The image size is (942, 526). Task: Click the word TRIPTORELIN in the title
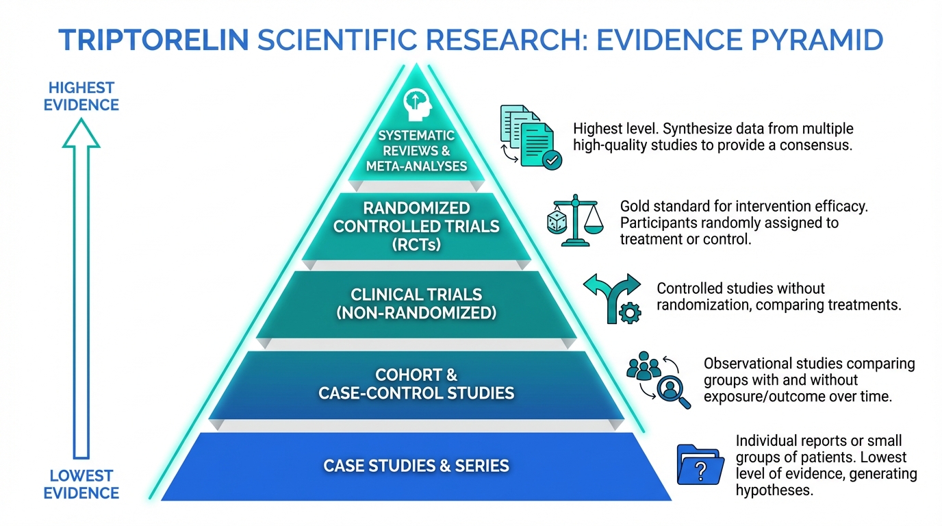[154, 40]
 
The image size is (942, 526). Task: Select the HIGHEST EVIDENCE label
[81, 97]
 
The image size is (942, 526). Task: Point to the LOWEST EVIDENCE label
[81, 484]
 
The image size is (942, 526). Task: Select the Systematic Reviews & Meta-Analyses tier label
[416, 151]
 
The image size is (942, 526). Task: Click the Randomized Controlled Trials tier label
[416, 225]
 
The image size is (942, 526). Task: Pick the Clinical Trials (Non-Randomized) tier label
[416, 304]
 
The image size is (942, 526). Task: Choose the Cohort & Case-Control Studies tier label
[416, 384]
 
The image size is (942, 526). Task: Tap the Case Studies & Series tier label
[416, 466]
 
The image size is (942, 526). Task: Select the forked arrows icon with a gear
[611, 298]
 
